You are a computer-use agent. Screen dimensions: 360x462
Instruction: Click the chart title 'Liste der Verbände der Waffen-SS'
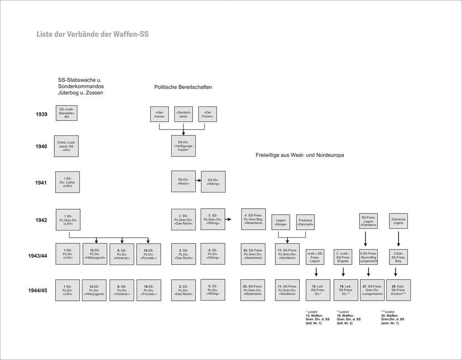tap(92, 34)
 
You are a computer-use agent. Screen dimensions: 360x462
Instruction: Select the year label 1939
tap(41, 115)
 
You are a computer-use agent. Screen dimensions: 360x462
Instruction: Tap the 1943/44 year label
tap(38, 256)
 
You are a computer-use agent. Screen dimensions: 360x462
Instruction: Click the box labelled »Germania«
tap(159, 114)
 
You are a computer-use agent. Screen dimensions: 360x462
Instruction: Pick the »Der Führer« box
tap(208, 114)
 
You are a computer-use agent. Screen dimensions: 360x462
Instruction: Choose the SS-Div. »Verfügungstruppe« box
tap(183, 146)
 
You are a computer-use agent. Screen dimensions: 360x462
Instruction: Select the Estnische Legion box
tap(398, 221)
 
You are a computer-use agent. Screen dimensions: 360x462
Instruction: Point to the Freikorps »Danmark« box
tap(306, 222)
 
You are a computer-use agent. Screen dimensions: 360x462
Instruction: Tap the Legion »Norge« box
tap(281, 222)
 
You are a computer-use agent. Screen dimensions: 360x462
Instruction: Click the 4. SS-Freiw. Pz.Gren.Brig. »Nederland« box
tap(253, 219)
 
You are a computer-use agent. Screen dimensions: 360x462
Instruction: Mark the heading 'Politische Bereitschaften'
tap(183, 87)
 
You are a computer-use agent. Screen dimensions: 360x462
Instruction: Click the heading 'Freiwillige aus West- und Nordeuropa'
tap(300, 155)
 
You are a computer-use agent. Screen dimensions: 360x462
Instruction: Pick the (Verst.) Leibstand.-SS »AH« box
tap(66, 146)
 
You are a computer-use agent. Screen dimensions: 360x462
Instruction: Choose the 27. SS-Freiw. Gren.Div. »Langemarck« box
tap(372, 290)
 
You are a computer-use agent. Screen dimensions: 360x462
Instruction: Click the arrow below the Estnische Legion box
tap(398, 238)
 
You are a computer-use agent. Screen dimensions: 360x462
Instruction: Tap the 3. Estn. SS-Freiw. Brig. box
tap(398, 256)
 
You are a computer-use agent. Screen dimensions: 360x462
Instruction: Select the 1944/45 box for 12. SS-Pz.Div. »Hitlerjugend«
tap(95, 290)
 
